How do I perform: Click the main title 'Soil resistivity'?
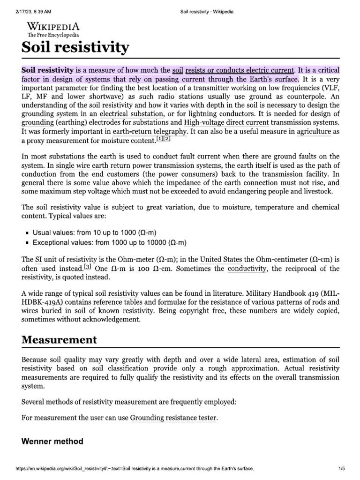[75, 47]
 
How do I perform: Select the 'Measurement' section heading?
[60, 339]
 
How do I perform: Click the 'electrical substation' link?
[132, 114]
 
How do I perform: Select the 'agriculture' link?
[314, 132]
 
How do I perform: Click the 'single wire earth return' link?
[93, 165]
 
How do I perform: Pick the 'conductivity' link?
[247, 269]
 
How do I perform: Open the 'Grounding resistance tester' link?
[173, 417]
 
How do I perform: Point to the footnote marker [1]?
[160, 139]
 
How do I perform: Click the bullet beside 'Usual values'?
[28, 233]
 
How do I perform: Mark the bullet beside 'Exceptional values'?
[28, 243]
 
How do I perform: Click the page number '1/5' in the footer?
[341, 468]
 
